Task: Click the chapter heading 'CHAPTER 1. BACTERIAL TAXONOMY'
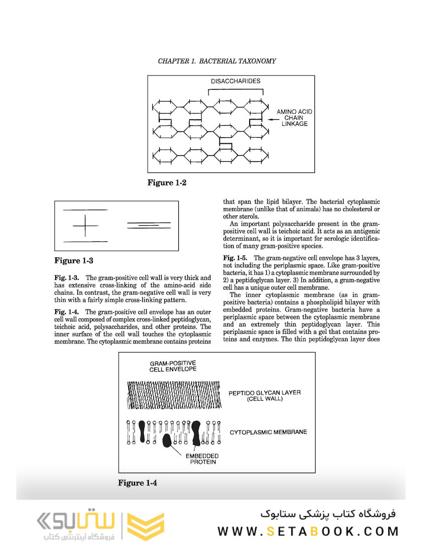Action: [217, 61]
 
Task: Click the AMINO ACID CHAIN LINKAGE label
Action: [292, 118]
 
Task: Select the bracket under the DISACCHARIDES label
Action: [235, 90]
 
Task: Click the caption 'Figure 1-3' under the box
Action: [73, 260]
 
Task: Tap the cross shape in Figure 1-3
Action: [85, 226]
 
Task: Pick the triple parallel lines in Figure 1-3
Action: [149, 226]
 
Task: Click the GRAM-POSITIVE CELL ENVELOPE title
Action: [172, 366]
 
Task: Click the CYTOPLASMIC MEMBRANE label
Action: [268, 432]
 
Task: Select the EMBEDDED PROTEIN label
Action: [202, 459]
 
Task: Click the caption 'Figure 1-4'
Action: [138, 483]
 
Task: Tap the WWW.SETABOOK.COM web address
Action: [307, 531]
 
